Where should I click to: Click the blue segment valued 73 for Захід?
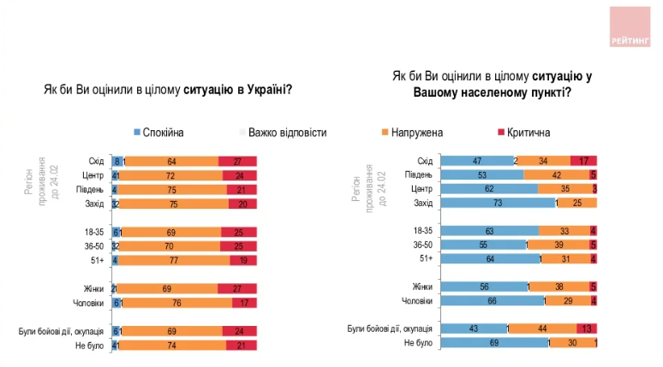coord(497,203)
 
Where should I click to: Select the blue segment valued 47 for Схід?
coord(475,161)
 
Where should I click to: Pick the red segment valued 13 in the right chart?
coord(587,329)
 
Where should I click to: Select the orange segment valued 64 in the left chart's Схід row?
coord(171,161)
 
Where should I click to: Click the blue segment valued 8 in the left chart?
coord(116,161)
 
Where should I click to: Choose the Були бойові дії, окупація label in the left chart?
coord(62,329)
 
